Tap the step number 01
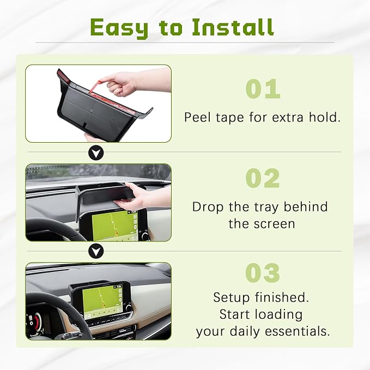(x=262, y=89)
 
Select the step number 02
(x=262, y=178)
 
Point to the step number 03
(x=262, y=272)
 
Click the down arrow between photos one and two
(x=96, y=153)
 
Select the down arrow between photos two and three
(x=96, y=251)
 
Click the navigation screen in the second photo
(x=113, y=223)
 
